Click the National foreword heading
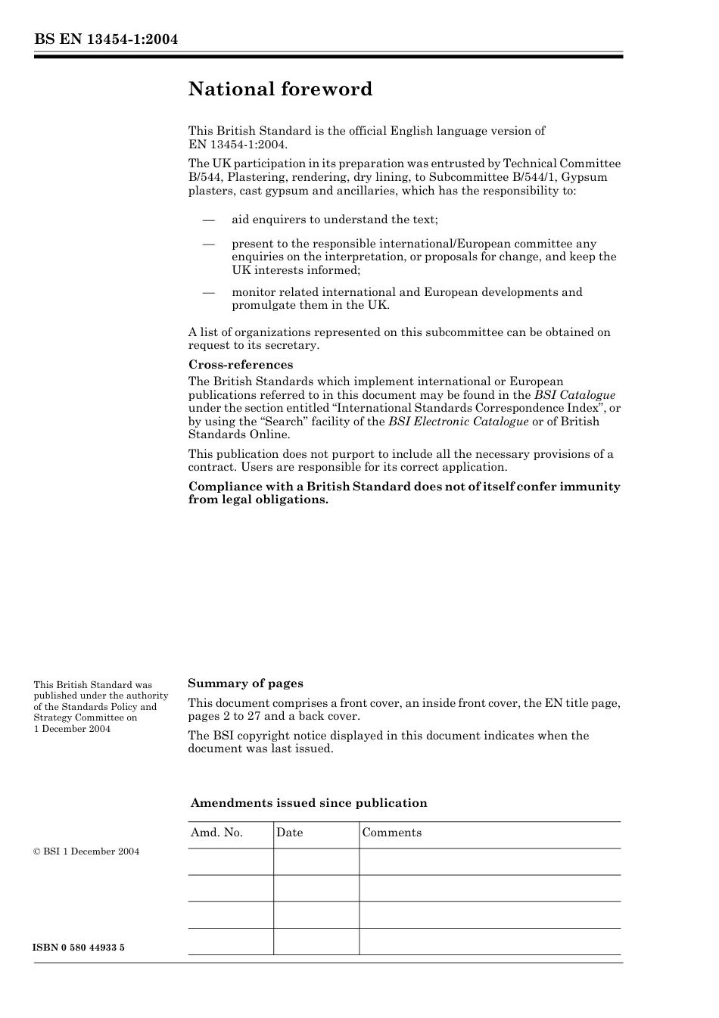280,89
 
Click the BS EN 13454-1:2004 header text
105,39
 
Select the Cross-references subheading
241,365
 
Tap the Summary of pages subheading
245,683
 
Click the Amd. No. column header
216,833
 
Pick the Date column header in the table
289,833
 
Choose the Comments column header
391,833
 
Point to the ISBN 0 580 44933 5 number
79,948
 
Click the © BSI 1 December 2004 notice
86,851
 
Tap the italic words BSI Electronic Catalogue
458,422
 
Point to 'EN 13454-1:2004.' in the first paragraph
238,144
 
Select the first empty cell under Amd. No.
230,861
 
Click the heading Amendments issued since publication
309,803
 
